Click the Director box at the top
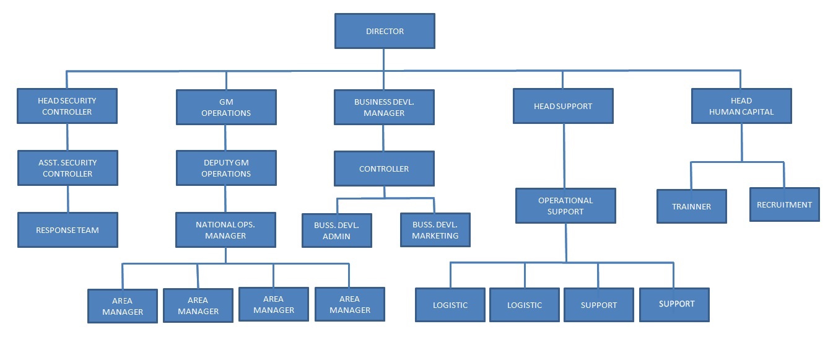click(x=384, y=31)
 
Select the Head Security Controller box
click(x=67, y=106)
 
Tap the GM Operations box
click(x=226, y=107)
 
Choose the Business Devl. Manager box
click(x=384, y=107)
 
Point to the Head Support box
click(x=563, y=106)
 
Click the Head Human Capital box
click(x=741, y=106)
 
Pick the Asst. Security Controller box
click(x=68, y=168)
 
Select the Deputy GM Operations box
click(x=226, y=168)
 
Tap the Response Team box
click(x=68, y=230)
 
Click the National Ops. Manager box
click(x=225, y=230)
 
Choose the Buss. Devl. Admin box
click(x=337, y=230)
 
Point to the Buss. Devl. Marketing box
click(x=435, y=230)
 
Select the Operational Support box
click(x=565, y=206)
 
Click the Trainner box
click(x=691, y=206)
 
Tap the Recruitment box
click(x=784, y=204)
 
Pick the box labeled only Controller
click(x=384, y=169)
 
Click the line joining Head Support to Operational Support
click(x=564, y=156)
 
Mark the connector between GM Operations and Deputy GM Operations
click(x=225, y=138)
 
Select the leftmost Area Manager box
click(x=123, y=306)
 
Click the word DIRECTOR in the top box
click(x=385, y=31)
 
